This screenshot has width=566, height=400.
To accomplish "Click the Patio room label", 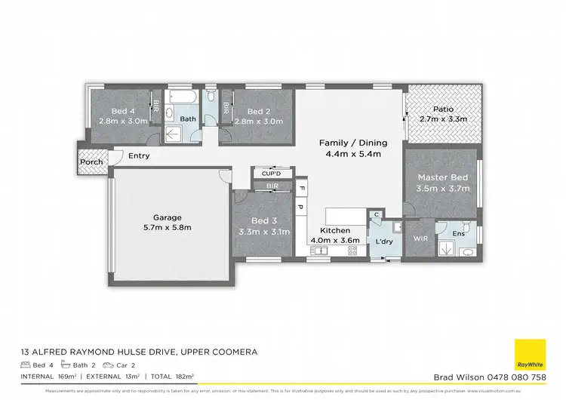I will pos(443,108).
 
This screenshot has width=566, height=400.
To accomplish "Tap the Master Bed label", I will pos(443,177).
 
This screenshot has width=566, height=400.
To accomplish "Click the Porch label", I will pos(91,162).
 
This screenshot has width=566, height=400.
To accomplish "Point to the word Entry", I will pos(139,156).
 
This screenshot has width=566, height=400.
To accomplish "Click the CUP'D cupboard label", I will pos(270,174).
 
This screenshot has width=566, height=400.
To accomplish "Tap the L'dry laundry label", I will pos(383,242).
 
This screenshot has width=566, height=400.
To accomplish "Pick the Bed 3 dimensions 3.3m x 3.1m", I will pos(263,232).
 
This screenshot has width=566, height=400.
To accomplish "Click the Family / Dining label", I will pos(352,143).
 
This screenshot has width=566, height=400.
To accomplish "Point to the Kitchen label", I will pos(334,230).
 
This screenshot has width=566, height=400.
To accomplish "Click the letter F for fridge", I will pos(300,187).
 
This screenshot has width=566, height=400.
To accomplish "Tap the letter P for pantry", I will pos(300,206).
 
